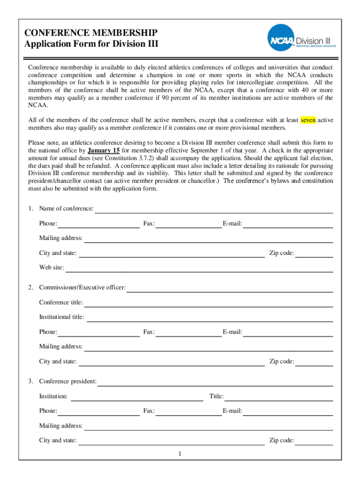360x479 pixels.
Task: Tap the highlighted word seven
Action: tap(308, 120)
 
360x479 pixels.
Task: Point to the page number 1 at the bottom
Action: tap(180, 454)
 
